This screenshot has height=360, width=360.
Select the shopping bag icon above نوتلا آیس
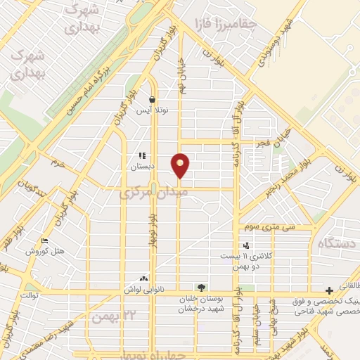pyautogui.click(x=153, y=100)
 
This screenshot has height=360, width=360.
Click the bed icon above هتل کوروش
pyautogui.click(x=46, y=240)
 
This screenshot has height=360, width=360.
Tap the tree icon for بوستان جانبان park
pyautogui.click(x=202, y=287)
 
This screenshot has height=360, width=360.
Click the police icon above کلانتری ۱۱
pyautogui.click(x=246, y=245)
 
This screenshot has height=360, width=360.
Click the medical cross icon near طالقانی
pyautogui.click(x=330, y=291)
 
